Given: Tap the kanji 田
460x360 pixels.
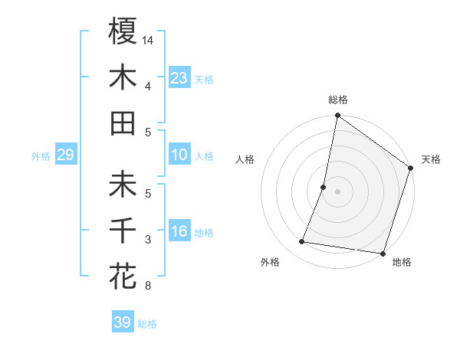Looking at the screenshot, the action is pos(123,123).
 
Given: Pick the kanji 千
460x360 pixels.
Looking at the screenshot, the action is pos(123,230).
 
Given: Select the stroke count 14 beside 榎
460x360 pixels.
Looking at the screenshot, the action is pos(148,40).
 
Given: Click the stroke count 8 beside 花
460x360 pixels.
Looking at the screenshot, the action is pos(147,286).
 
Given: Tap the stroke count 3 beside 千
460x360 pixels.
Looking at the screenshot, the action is pos(147,240).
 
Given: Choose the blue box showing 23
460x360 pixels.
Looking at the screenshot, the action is pos(179,78).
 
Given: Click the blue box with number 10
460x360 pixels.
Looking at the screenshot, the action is pos(179,155).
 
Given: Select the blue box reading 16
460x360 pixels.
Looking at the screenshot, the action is pos(179,232).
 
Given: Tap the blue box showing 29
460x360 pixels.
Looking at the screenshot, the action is pos(65,155).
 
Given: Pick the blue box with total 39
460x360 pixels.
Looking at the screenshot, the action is pos(122,322).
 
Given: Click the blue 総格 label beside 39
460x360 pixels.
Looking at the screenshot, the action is pos(147,324).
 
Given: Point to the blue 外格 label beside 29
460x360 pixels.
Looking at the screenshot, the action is pos(41,156).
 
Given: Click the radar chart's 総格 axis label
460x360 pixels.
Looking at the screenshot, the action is pos(337,100).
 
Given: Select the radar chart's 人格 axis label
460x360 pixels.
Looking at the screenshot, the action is pos(245,159).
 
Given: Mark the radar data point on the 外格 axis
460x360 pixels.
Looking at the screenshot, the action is pos(302,242).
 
